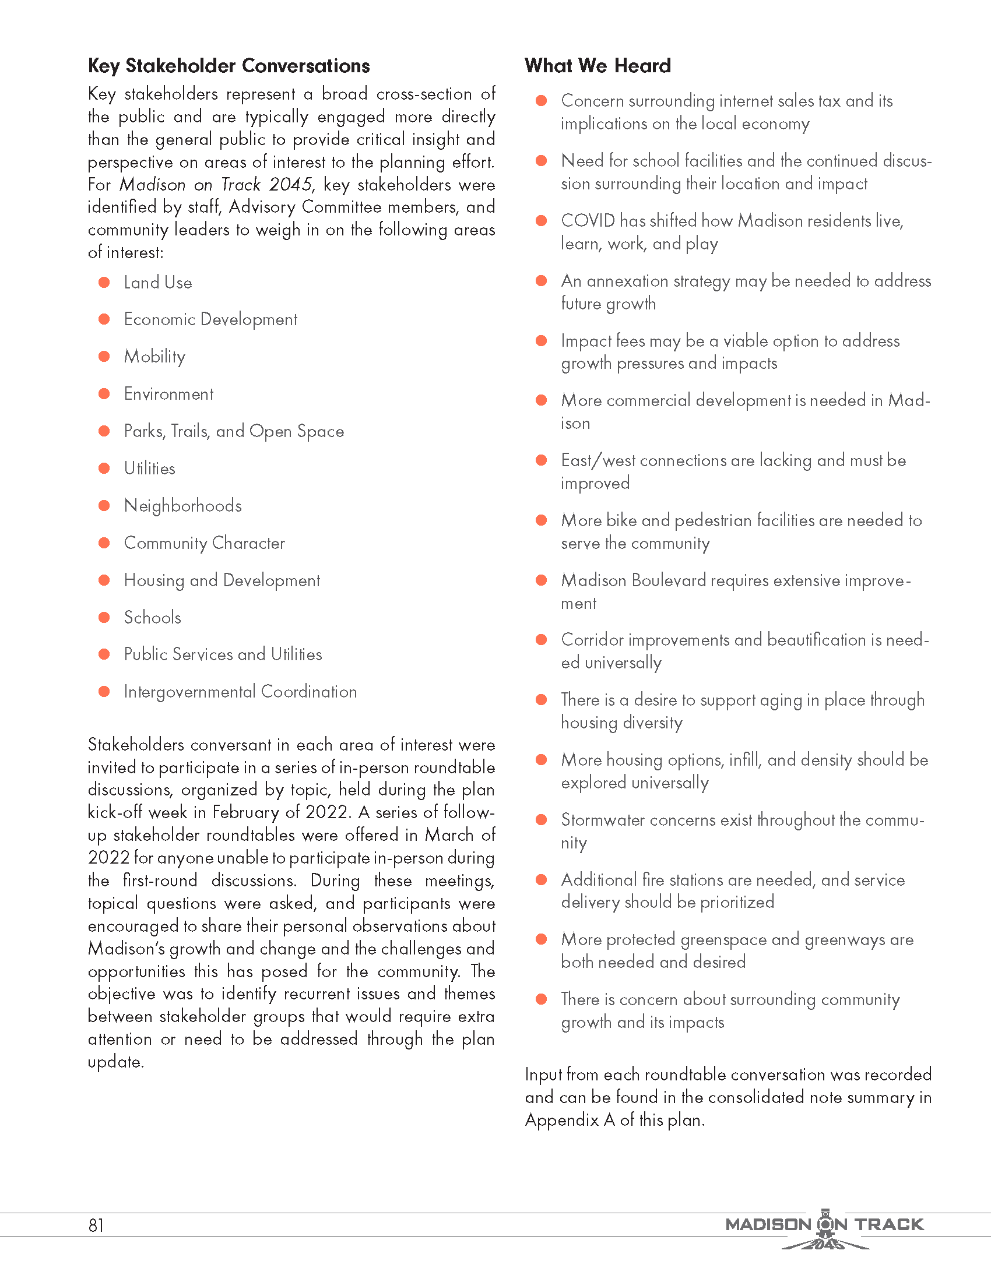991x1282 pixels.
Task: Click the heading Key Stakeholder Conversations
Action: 229,66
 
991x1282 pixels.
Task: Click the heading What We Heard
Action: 597,66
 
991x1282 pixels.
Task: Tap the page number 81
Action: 96,1225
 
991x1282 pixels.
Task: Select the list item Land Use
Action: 157,283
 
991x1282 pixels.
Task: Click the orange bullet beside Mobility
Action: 104,356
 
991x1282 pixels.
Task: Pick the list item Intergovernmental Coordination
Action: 240,692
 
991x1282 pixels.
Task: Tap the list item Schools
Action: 152,618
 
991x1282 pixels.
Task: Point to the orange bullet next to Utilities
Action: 104,469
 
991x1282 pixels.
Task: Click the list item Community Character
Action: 203,543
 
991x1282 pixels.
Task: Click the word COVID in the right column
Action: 588,221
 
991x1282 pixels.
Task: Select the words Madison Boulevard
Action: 633,580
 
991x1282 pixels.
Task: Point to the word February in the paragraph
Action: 245,812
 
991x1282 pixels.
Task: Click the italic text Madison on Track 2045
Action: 216,185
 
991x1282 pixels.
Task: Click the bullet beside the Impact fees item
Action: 542,341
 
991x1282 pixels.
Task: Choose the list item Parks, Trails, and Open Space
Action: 233,431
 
